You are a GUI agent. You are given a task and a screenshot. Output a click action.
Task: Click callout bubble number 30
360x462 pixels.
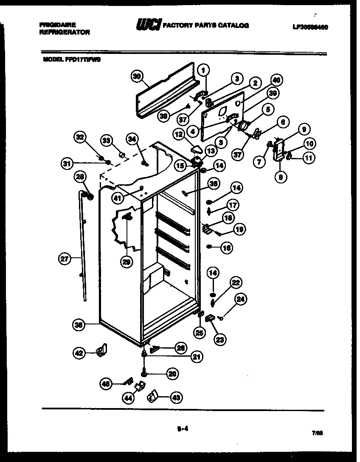[137, 77]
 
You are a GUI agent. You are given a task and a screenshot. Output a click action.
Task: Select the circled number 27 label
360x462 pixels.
[65, 259]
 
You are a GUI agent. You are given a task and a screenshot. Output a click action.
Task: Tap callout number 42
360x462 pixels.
[79, 352]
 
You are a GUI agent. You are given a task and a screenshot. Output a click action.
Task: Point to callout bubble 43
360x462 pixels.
[175, 397]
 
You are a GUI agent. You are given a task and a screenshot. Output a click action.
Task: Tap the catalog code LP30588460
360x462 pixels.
[310, 27]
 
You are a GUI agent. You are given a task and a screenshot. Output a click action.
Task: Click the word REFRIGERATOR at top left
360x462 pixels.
[64, 32]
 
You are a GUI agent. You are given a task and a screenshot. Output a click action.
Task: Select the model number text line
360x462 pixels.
[71, 60]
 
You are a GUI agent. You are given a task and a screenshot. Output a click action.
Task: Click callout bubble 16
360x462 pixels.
[227, 248]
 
